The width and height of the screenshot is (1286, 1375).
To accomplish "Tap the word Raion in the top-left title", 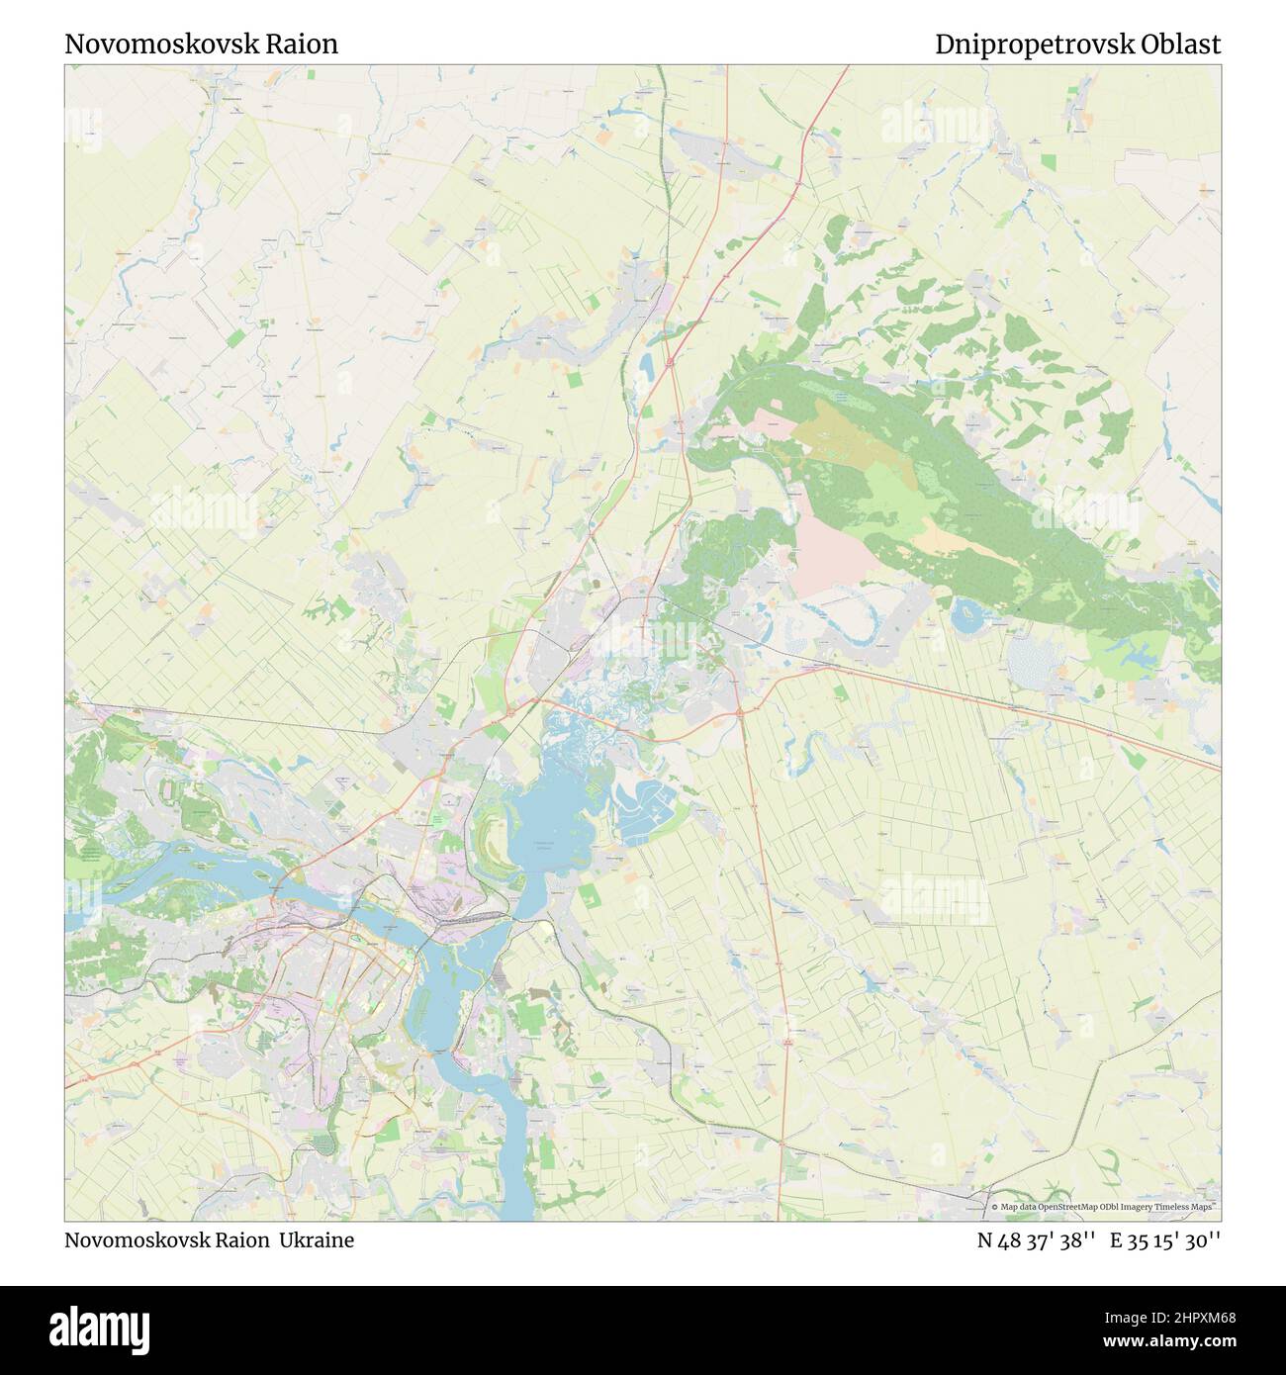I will point(306,45).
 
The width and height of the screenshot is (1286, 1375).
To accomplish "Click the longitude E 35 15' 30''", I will point(1165,1239).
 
